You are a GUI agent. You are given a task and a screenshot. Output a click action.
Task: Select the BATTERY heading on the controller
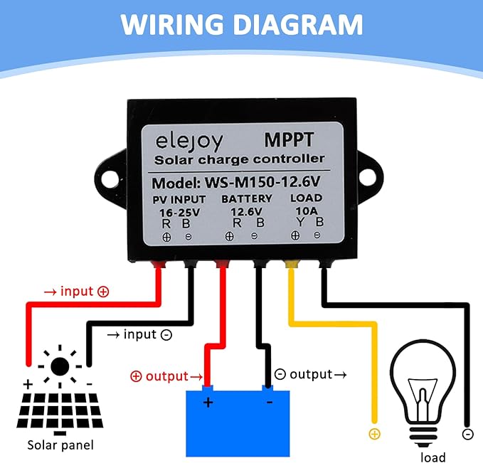pos(246,198)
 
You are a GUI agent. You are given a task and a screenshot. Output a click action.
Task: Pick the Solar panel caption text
pos(60,446)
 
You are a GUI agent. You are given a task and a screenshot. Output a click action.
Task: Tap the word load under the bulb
pos(432,457)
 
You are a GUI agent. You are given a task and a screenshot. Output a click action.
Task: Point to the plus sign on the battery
pos(208,403)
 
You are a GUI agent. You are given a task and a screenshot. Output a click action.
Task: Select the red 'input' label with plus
pos(76,291)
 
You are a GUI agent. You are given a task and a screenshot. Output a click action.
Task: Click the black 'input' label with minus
pos(139,334)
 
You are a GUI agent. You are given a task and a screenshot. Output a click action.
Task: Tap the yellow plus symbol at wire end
pos(374,434)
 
